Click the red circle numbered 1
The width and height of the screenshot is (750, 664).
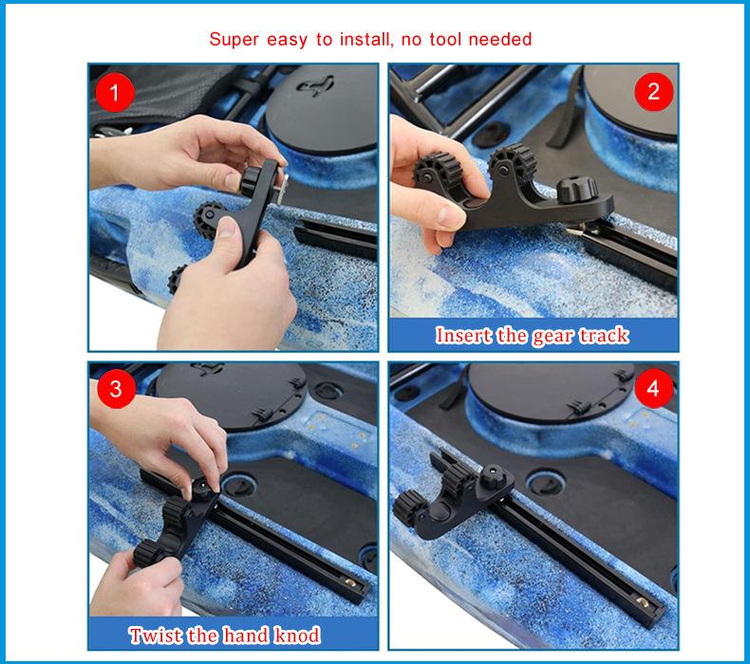point(114,92)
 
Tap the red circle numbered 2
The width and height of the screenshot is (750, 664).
point(653,92)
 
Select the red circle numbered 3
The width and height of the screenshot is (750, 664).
point(116,389)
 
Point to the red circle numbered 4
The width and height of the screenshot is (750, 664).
point(653,388)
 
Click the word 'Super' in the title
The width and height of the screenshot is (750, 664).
point(234,40)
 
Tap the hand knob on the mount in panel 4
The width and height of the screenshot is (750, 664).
point(492,477)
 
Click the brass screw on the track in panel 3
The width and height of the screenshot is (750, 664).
point(351,583)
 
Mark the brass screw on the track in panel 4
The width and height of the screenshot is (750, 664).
point(643,601)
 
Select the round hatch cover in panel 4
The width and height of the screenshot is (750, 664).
point(550,391)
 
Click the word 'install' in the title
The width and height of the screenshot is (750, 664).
point(364,39)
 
